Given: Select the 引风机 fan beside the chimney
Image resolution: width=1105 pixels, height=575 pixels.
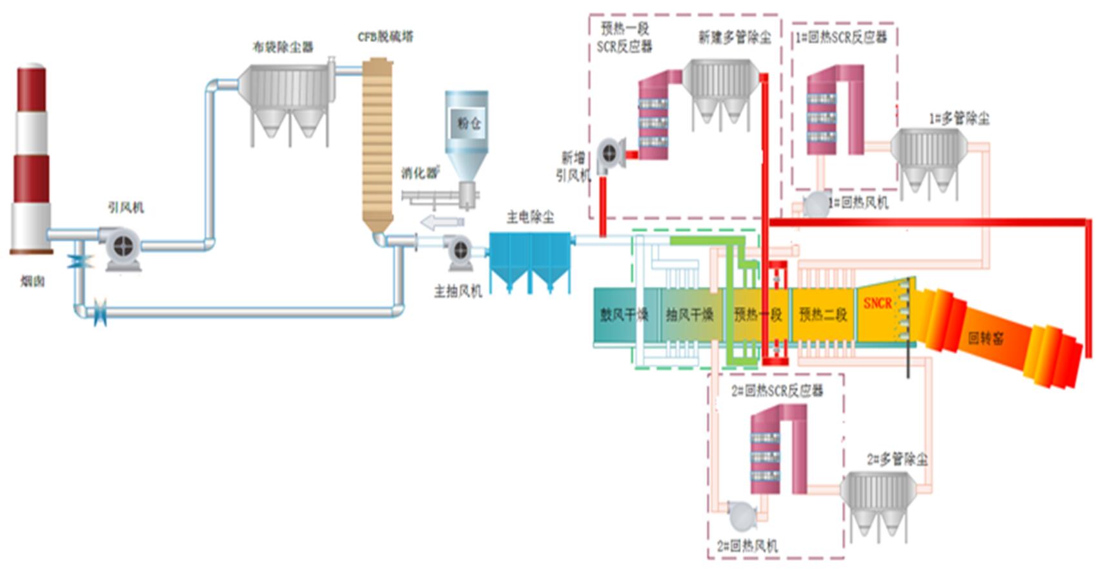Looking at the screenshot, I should [122, 246].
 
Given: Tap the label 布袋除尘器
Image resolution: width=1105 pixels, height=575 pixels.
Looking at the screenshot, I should [282, 47].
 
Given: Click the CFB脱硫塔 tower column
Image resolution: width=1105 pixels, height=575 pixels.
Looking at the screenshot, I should [378, 142].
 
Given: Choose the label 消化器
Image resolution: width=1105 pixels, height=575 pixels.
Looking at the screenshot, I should [419, 173].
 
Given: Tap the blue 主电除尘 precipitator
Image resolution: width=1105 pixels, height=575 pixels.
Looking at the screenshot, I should [530, 258].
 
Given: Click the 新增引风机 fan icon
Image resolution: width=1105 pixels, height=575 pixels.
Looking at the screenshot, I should [610, 154].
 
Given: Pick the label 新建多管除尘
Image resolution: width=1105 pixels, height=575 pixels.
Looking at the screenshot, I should [735, 37].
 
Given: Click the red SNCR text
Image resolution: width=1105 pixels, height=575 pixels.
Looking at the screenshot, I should [877, 303].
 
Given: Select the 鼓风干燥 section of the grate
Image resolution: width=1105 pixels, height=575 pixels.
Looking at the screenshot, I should [623, 315].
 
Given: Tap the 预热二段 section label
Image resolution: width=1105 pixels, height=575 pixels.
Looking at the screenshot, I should [823, 315].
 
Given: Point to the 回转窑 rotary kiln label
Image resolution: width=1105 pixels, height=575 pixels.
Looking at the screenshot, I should [986, 337].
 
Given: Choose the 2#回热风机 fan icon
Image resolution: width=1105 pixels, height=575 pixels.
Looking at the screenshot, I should [741, 515].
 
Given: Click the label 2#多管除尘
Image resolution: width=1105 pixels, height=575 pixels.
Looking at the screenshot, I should [897, 459].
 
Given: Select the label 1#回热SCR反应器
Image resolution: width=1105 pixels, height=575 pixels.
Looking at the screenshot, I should [841, 37].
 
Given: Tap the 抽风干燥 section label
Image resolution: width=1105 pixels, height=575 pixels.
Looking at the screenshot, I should [689, 315].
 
